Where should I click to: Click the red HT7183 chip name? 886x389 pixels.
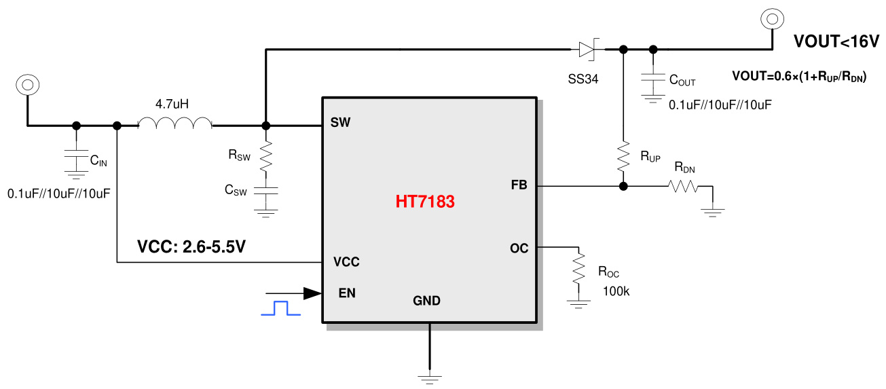(x=425, y=202)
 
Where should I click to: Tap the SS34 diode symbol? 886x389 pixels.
(x=587, y=49)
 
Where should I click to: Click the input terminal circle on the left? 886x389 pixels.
(x=27, y=85)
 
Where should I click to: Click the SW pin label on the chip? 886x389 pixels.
(x=340, y=123)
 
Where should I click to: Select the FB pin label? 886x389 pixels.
(x=519, y=185)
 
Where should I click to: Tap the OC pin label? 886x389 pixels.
(x=519, y=248)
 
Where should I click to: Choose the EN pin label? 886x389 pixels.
(x=347, y=293)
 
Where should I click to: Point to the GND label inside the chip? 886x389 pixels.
(x=426, y=301)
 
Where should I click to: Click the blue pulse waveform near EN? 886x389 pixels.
(x=280, y=308)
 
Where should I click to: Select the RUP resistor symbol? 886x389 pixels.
(x=623, y=156)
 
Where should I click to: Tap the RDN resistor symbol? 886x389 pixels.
(x=684, y=186)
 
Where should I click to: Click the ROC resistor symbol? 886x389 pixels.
(x=578, y=268)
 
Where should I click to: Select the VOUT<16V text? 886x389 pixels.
(x=836, y=41)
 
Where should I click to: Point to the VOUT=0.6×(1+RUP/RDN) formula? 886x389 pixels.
(x=798, y=76)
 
